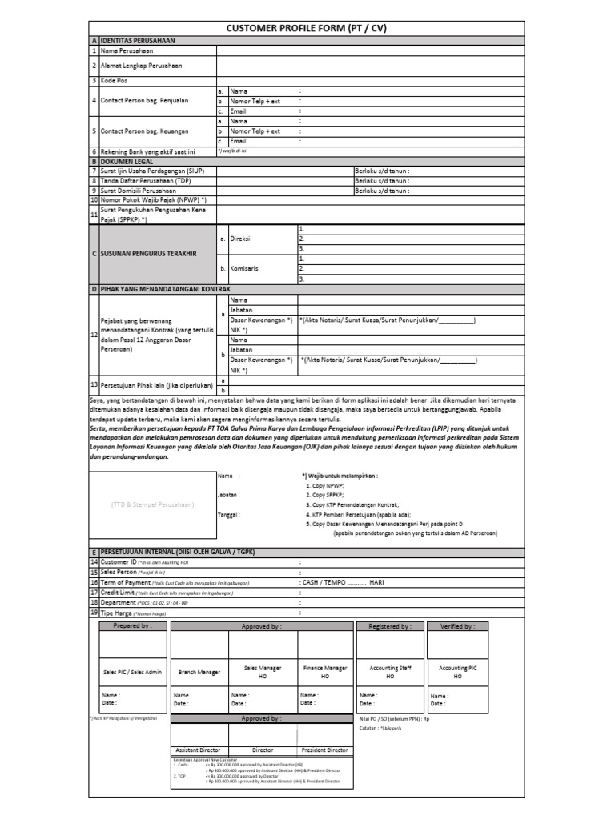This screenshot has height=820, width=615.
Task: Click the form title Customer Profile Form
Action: click(307, 28)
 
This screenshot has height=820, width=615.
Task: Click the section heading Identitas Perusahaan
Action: click(137, 40)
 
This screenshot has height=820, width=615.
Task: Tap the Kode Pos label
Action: click(114, 81)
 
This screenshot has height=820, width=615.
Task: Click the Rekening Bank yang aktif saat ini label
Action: click(147, 151)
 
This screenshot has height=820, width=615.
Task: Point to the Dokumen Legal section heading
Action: click(127, 161)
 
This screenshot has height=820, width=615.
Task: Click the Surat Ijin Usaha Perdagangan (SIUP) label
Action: click(152, 171)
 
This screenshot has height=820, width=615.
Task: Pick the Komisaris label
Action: click(243, 268)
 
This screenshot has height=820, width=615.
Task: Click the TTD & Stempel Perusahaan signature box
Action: click(152, 504)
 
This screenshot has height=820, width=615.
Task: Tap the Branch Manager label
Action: click(199, 673)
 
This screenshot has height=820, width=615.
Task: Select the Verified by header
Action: click(457, 626)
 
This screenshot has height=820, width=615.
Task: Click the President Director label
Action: click(324, 750)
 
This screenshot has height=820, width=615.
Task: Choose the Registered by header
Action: click(389, 626)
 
